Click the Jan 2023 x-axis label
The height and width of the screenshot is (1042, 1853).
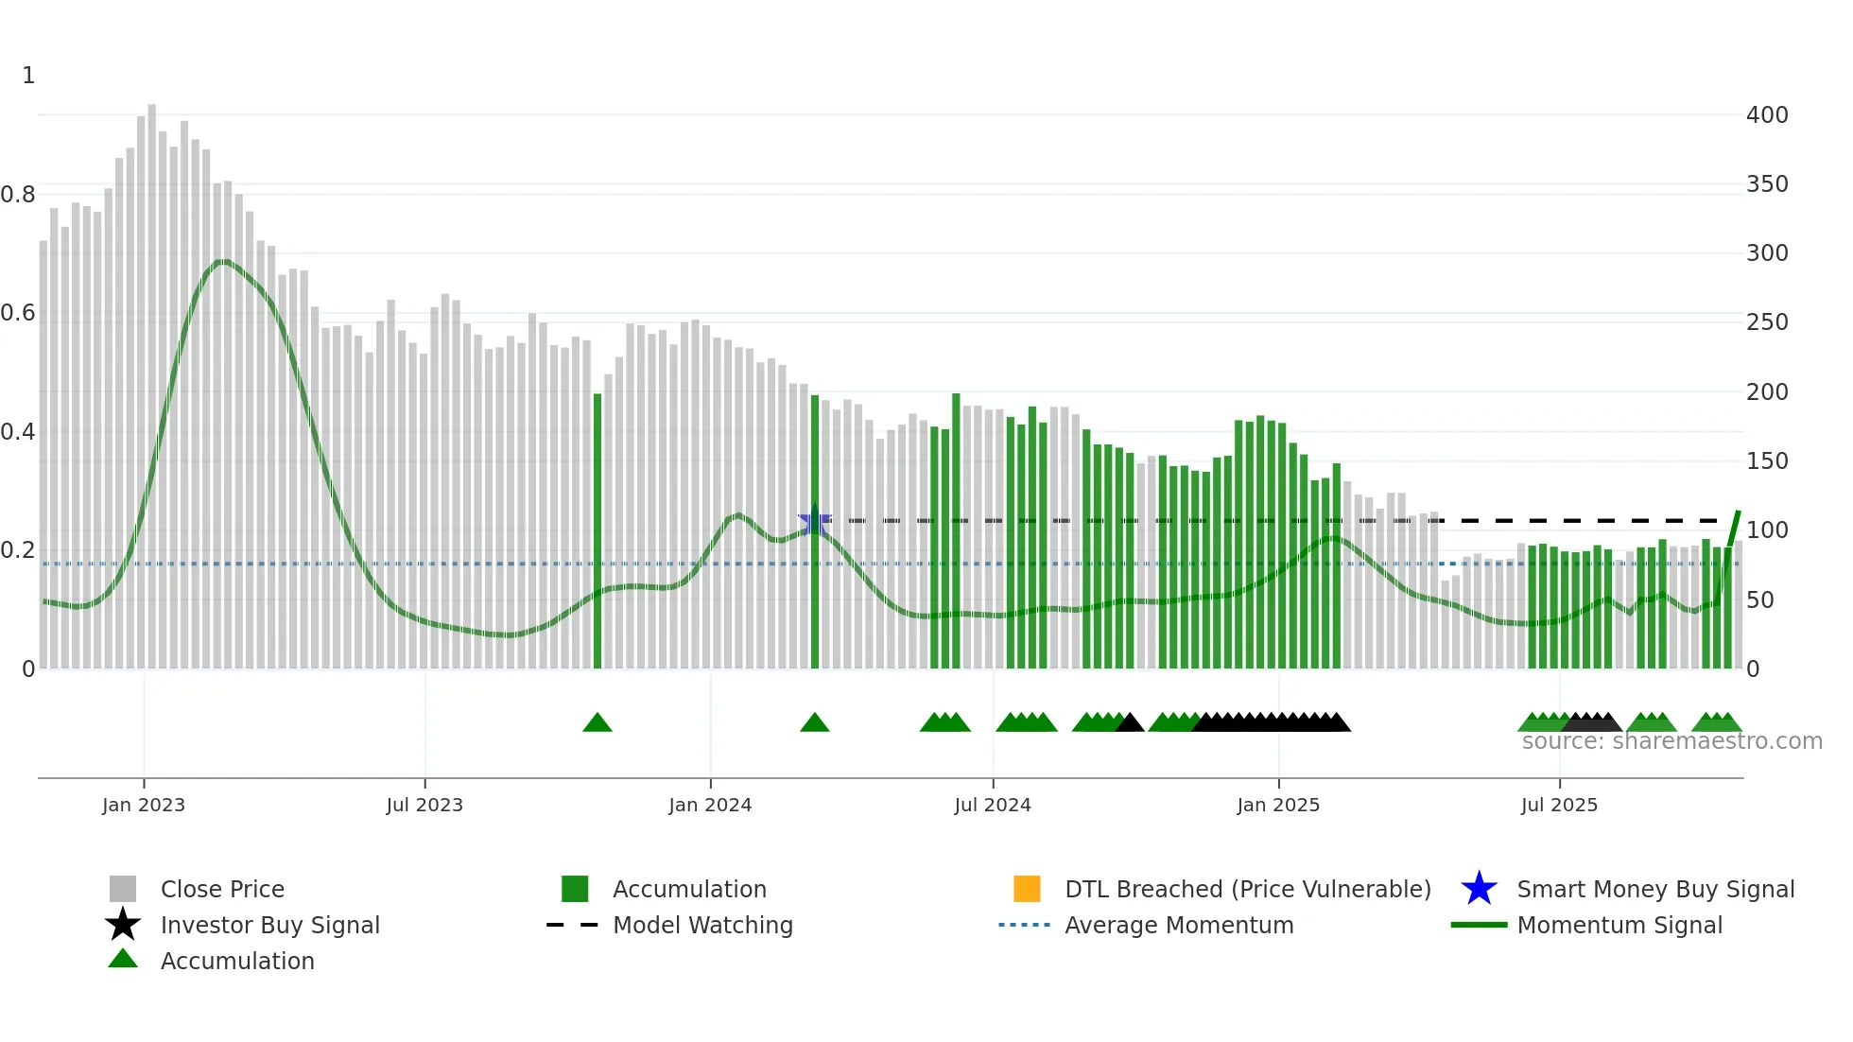tap(144, 805)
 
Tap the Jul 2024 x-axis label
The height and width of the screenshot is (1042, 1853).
tap(993, 805)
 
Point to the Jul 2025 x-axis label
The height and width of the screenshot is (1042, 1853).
tap(1559, 805)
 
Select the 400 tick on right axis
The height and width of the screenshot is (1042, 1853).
tap(1767, 115)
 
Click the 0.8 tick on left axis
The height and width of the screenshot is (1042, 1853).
tap(19, 195)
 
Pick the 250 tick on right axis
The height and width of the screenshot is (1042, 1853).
tap(1767, 322)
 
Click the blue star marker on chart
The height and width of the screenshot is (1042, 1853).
tap(815, 522)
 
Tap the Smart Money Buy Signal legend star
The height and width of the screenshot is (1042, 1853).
tap(1479, 889)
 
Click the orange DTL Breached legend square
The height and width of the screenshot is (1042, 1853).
tap(1027, 889)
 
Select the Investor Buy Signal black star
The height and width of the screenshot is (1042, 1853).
tap(123, 925)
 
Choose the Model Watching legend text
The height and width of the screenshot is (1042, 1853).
tap(702, 925)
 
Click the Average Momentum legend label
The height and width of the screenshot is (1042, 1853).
tap(1179, 925)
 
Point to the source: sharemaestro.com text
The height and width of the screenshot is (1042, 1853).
tap(1671, 741)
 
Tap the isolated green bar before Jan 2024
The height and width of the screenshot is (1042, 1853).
tap(597, 530)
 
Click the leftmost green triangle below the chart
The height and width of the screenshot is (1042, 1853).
tap(597, 723)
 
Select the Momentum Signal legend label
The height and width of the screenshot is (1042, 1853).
tap(1619, 925)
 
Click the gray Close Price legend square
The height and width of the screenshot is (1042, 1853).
tap(123, 889)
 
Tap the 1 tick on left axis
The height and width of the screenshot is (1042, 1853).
tap(28, 76)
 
